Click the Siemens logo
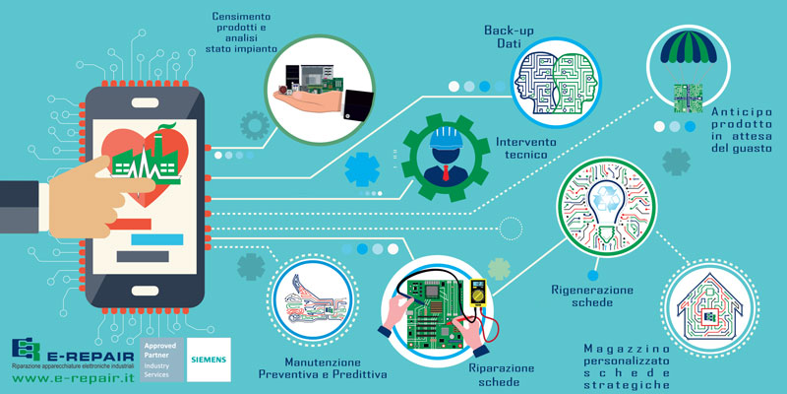coord(209,360)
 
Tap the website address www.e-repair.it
coord(73,378)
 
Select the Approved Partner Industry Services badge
coord(162,360)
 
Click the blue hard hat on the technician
coord(446,137)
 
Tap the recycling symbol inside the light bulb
coord(608,200)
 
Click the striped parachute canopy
coord(688,46)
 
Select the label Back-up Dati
coord(509,36)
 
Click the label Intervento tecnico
coord(526,148)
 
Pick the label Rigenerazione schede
coord(592,296)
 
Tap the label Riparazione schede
coord(502,374)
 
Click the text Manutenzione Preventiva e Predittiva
coord(323,368)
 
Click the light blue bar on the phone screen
coord(157,239)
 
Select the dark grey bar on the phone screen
coord(143,256)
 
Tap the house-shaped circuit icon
coord(709,307)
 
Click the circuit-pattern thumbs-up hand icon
coord(313,300)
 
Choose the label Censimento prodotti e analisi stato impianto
coord(241,33)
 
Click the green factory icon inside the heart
coord(146,157)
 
